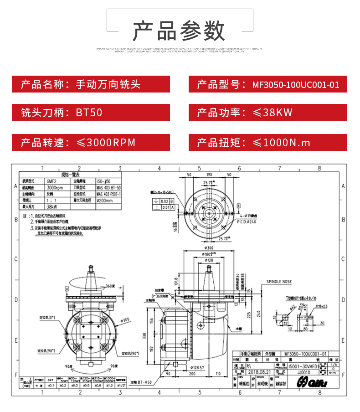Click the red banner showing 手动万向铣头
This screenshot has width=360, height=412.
coord(91,84)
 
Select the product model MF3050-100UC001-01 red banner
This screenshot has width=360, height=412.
coord(267,84)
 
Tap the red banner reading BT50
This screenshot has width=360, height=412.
coord(91,112)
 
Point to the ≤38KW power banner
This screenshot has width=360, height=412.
coord(267,112)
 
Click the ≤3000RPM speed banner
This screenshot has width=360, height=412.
coord(91,143)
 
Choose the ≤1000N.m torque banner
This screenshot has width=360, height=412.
coord(267,143)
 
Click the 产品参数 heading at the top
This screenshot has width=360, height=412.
coord(179,31)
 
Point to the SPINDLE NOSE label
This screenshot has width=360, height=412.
coord(279,282)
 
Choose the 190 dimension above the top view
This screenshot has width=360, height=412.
coord(209,175)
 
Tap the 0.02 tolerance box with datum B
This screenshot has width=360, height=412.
coord(165,201)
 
